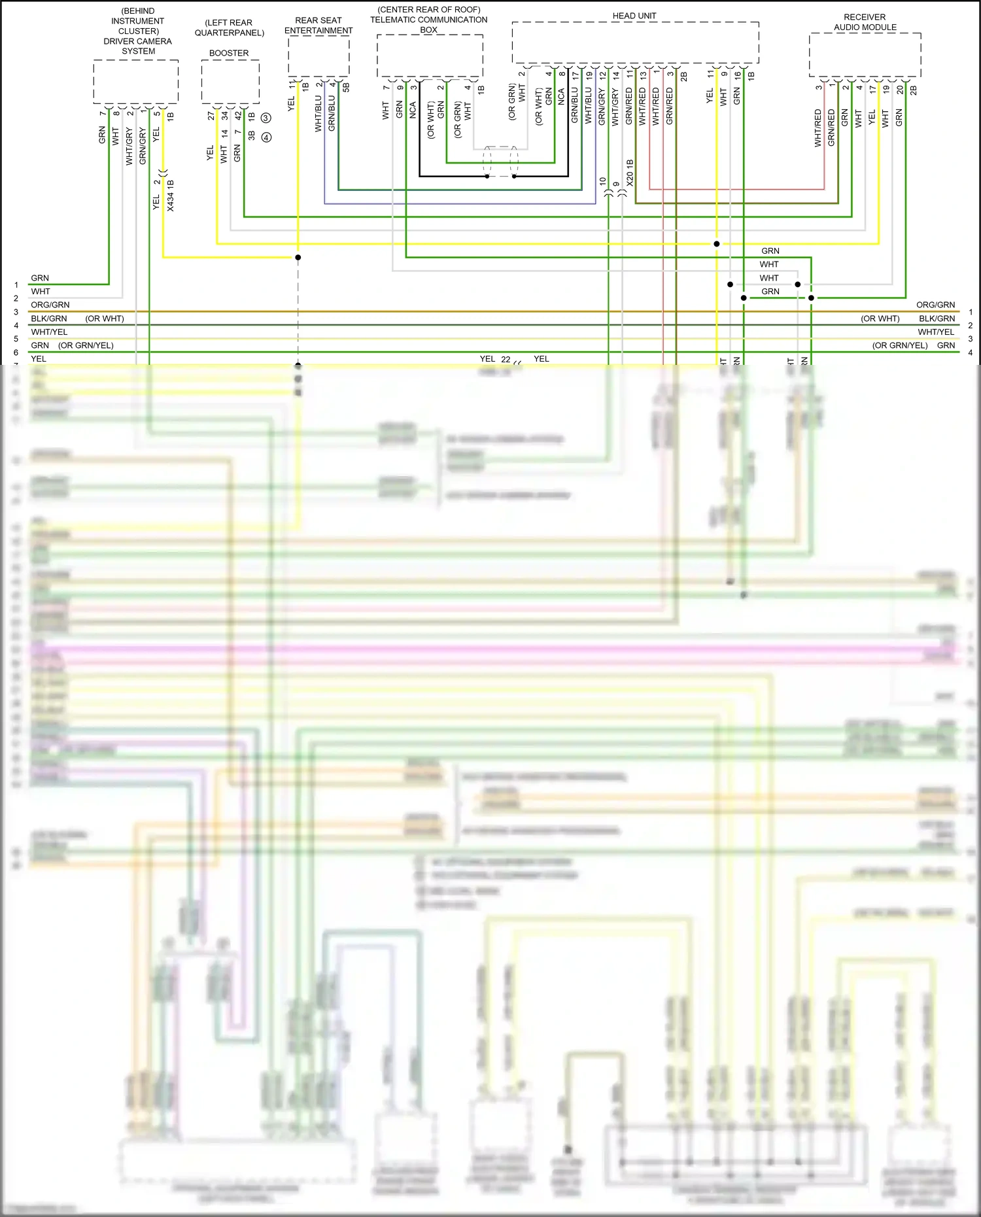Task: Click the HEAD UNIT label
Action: [x=634, y=16]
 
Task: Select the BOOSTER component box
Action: [x=230, y=81]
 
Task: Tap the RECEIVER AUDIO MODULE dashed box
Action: [x=865, y=55]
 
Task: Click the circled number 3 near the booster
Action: [x=266, y=118]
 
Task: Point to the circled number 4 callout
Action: [x=266, y=137]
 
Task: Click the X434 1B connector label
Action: [x=171, y=195]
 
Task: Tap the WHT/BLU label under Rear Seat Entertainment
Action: [x=318, y=114]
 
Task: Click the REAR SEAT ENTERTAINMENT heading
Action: [x=318, y=26]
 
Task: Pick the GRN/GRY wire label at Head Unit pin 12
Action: [x=602, y=107]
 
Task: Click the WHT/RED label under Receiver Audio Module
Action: [x=818, y=128]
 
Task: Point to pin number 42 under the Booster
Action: [x=238, y=115]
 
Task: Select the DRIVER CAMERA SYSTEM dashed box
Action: [x=136, y=81]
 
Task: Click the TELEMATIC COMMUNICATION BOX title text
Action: [x=428, y=20]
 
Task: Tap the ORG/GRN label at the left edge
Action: [x=50, y=305]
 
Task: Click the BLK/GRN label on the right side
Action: [x=937, y=318]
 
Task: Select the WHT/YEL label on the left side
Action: [x=49, y=332]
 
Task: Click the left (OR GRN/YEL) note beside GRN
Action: [x=86, y=345]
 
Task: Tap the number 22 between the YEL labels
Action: [x=506, y=359]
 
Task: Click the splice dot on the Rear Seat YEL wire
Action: [x=298, y=257]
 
